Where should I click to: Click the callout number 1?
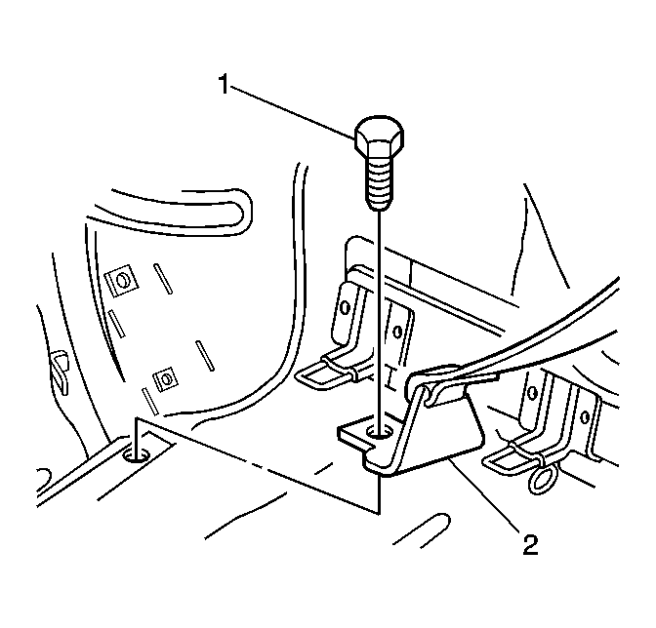tap(225, 84)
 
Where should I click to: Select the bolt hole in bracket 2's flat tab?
tap(379, 432)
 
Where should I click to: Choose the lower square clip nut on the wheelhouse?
tap(166, 379)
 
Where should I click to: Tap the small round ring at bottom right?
tap(543, 479)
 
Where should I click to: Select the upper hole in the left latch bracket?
tap(346, 307)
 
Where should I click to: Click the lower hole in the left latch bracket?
tap(397, 333)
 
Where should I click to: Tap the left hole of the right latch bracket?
tap(532, 392)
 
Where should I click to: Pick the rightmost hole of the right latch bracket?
tap(585, 416)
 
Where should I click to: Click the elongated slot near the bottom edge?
tap(423, 530)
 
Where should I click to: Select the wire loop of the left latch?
tap(326, 373)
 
